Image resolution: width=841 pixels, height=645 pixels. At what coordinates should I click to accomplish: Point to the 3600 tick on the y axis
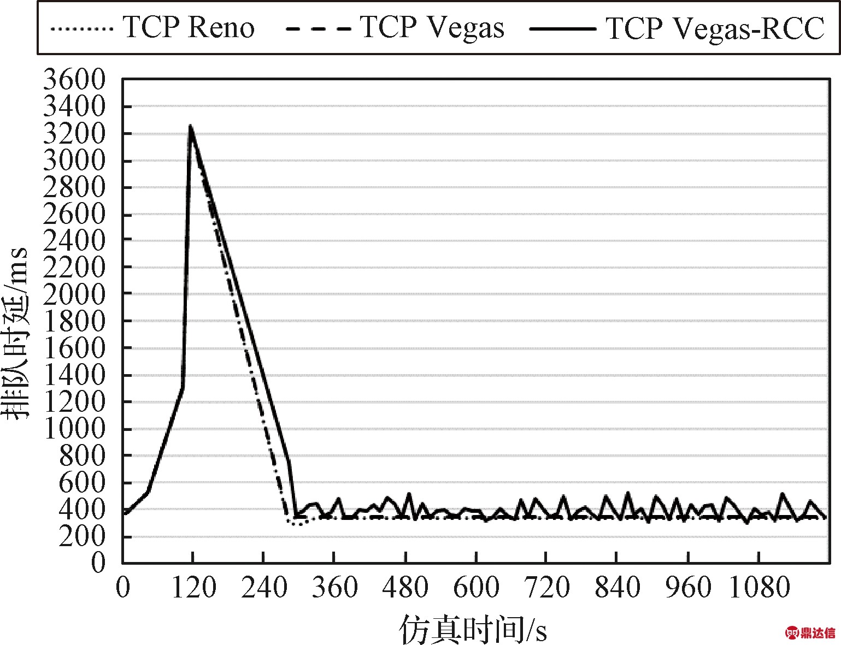pos(74,80)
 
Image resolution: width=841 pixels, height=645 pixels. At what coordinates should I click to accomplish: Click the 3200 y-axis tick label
pos(74,134)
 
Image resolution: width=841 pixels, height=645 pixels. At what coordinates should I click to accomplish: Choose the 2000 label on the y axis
pos(74,294)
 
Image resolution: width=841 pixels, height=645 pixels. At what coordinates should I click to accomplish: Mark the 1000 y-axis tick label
pos(74,429)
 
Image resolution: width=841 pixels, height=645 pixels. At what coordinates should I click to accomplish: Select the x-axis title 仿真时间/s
pos(473,629)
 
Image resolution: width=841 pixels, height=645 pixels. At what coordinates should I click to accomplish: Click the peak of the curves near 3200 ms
pos(190,126)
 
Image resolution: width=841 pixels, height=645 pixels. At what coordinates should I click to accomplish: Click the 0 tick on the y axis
pos(98,563)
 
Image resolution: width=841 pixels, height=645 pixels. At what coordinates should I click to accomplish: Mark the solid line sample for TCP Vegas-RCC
pos(562,28)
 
